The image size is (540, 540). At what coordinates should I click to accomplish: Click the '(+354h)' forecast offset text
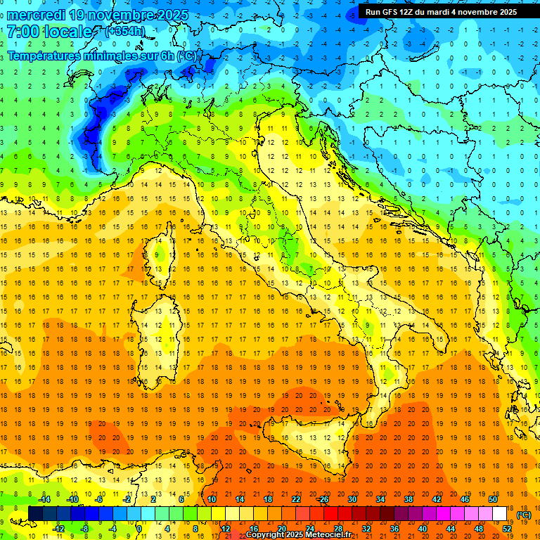coord(124,31)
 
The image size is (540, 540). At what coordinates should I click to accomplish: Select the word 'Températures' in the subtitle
coord(43,56)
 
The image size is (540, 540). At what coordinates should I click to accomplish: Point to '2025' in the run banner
coord(504,11)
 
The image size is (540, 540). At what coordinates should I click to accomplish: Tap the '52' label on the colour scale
coord(506,528)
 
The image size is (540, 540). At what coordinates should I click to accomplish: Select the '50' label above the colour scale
coord(492,499)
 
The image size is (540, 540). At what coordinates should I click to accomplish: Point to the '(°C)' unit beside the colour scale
coord(524,515)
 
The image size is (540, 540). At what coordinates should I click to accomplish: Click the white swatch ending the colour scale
coord(499,513)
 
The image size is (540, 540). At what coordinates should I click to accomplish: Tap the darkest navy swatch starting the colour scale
coord(35,513)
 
